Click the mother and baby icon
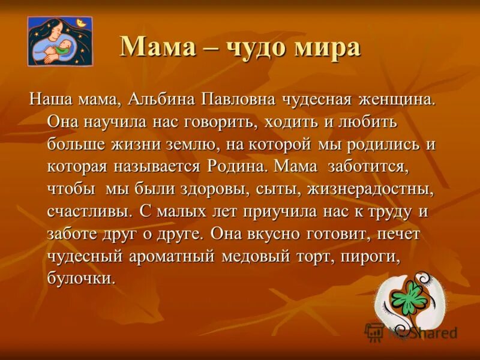[60, 41]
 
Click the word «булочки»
[81, 279]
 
